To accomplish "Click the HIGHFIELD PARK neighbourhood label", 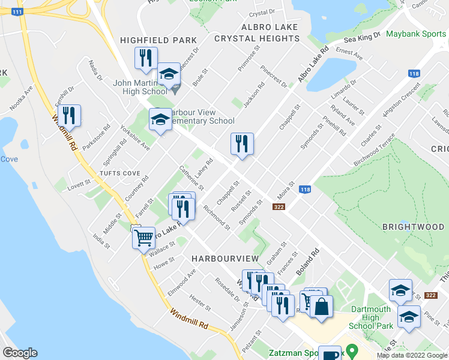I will [158, 40].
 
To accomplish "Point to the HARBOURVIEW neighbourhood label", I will [225, 258].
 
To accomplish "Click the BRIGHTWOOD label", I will [413, 227].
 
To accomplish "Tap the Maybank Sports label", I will [416, 34].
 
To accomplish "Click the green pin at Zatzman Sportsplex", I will [352, 349].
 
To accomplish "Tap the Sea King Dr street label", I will [363, 37].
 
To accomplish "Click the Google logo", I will [20, 353].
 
